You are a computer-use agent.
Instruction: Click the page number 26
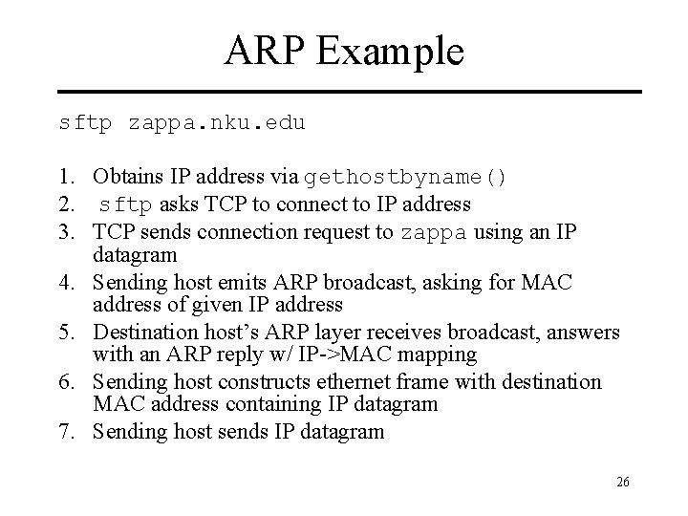coord(622,482)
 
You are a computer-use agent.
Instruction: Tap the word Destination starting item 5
coord(144,332)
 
